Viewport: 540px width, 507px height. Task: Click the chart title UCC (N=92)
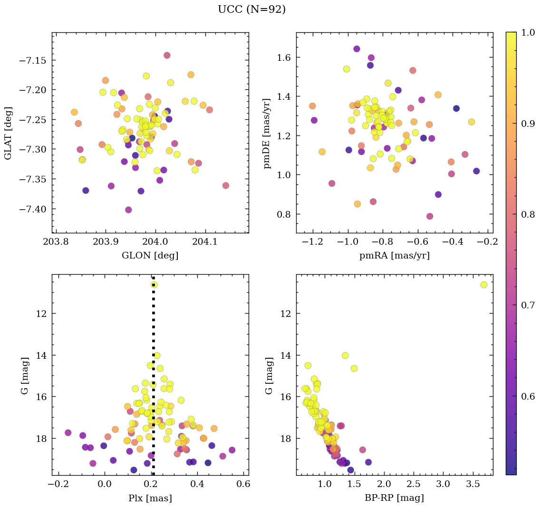pyautogui.click(x=251, y=10)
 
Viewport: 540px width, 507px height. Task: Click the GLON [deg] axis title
pyautogui.click(x=150, y=256)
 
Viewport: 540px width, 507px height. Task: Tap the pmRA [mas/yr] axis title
pyautogui.click(x=395, y=256)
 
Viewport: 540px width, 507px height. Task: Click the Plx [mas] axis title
pyautogui.click(x=150, y=498)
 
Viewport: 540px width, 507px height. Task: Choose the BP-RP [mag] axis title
pyautogui.click(x=395, y=498)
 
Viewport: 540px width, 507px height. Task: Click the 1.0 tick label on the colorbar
pyautogui.click(x=529, y=32)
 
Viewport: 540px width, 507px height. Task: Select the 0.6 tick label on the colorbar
pyautogui.click(x=529, y=396)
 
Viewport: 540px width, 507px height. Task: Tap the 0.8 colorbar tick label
pyautogui.click(x=529, y=214)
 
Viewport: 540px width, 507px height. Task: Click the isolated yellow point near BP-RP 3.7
pyautogui.click(x=484, y=285)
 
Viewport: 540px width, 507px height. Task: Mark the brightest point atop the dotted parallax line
pyautogui.click(x=154, y=285)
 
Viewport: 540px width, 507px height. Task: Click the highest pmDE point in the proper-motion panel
pyautogui.click(x=357, y=49)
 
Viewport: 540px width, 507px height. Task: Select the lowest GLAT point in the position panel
pyautogui.click(x=128, y=210)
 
